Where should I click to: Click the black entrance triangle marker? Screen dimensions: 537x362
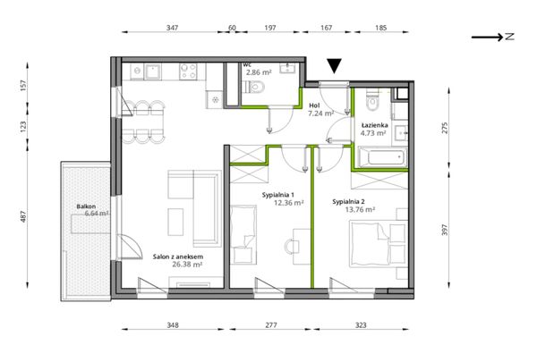click(334, 66)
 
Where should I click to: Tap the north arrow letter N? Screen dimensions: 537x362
click(509, 37)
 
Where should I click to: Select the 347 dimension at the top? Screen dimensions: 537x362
click(172, 28)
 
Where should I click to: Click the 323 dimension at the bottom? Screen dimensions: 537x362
click(361, 325)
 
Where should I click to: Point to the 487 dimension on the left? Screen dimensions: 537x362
click(23, 216)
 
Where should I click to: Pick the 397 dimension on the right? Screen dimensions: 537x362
click(445, 230)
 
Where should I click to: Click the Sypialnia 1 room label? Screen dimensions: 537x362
click(278, 195)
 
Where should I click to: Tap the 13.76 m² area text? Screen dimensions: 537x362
click(360, 209)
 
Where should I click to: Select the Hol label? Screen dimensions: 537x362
click(314, 105)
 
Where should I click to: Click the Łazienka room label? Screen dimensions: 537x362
click(374, 125)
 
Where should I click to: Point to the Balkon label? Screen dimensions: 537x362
click(86, 206)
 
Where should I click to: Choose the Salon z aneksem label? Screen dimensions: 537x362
click(178, 257)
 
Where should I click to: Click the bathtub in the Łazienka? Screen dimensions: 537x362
click(382, 157)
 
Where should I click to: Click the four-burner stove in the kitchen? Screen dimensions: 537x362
click(188, 72)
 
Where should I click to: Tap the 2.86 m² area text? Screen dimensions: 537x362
click(259, 72)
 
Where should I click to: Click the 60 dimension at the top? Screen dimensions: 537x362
click(232, 28)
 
